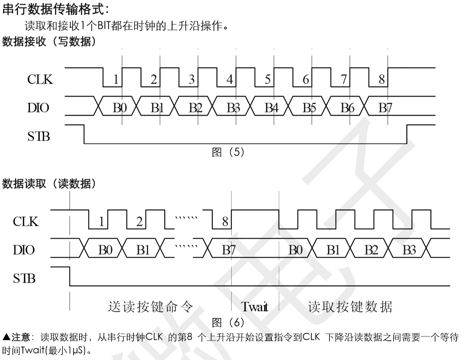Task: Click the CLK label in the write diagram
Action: tap(40, 79)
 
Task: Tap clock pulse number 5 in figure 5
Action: tap(267, 80)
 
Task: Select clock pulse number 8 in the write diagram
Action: tap(381, 80)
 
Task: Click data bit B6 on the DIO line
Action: tap(347, 108)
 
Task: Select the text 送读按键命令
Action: tap(151, 307)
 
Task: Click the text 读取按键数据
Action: tap(350, 307)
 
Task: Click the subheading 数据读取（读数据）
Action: tap(49, 183)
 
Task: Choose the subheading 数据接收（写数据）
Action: tap(49, 42)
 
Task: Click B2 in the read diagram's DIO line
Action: tap(371, 250)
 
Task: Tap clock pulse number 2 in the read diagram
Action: tap(139, 222)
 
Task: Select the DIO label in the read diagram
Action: tap(24, 250)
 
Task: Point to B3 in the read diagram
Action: tap(409, 250)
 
